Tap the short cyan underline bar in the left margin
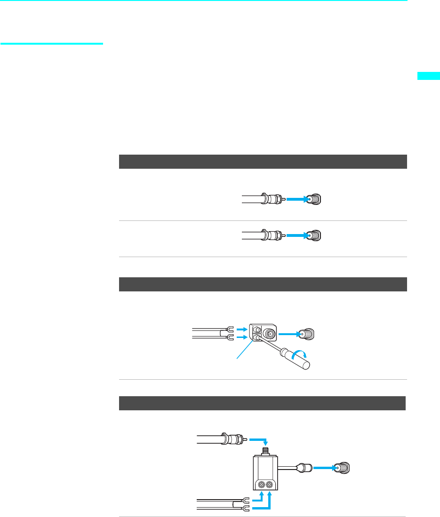[x=52, y=44]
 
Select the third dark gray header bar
[x=261, y=403]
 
